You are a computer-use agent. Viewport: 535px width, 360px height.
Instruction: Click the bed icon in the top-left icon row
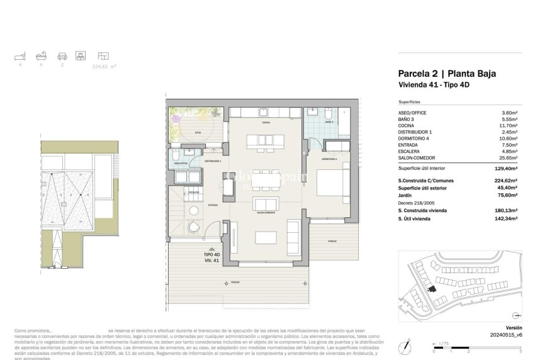pyautogui.click(x=19, y=55)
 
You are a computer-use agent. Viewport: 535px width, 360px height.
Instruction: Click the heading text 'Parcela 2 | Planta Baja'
pyautogui.click(x=447, y=73)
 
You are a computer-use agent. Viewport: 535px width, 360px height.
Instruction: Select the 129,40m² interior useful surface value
pyautogui.click(x=505, y=169)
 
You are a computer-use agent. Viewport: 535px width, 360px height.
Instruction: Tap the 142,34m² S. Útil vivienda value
pyautogui.click(x=505, y=218)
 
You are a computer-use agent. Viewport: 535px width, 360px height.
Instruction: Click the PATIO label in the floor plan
pyautogui.click(x=198, y=133)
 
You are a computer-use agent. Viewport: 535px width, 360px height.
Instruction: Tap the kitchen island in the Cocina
pyautogui.click(x=263, y=140)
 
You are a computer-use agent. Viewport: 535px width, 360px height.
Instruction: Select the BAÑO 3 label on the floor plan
pyautogui.click(x=328, y=122)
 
